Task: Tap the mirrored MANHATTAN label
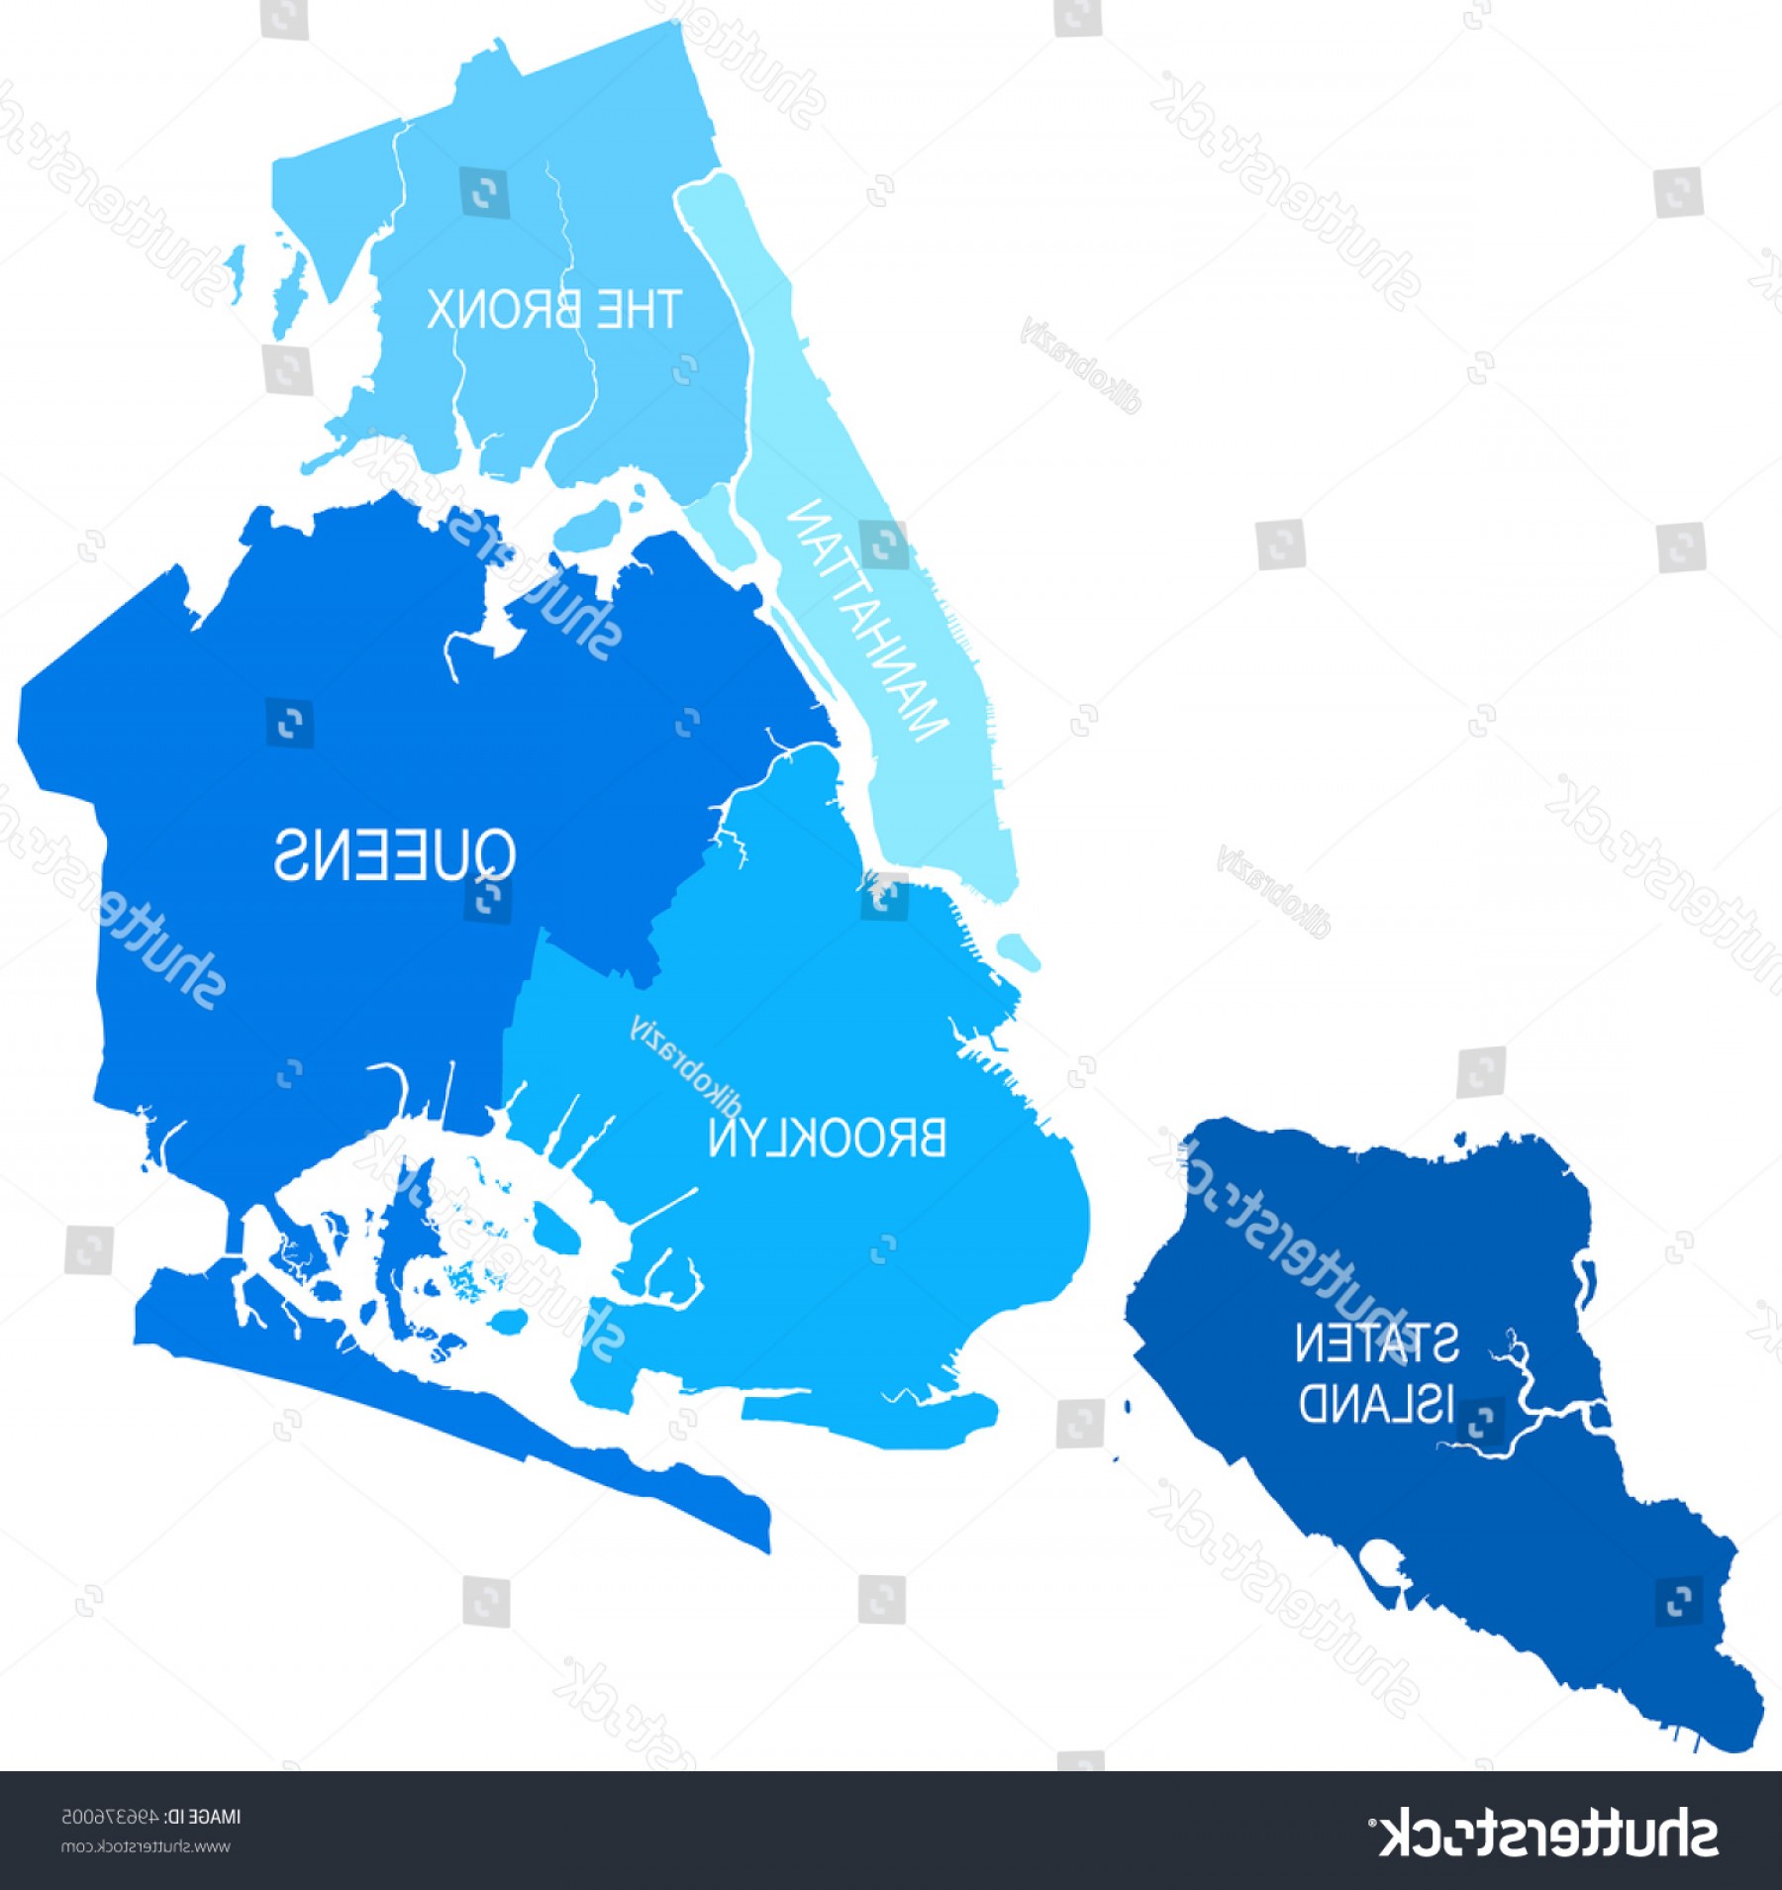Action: [868, 622]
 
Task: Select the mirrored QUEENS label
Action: [395, 854]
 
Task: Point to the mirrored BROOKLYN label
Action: [828, 1139]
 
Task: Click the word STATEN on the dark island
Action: [1377, 1343]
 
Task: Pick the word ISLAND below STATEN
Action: [1377, 1403]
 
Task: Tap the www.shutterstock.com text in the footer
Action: [146, 1846]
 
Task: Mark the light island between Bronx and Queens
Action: [590, 525]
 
